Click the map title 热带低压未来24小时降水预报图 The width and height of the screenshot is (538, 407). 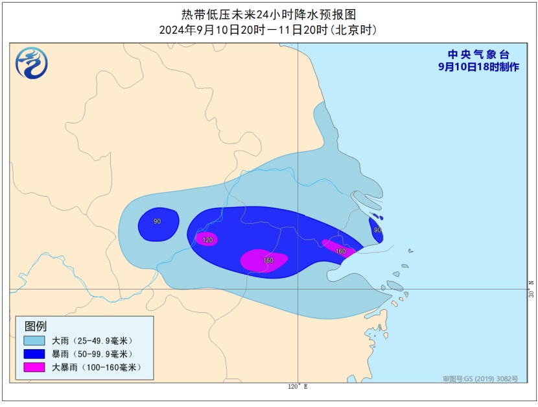pos(268,14)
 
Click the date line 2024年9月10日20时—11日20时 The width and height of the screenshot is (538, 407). pos(268,30)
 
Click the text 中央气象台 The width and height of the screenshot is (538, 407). pos(479,55)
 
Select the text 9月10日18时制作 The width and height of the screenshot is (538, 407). pos(478,67)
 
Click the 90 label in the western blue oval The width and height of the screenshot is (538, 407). pos(157,222)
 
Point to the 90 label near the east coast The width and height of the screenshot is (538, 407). pos(377,230)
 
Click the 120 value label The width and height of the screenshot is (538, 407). pos(207,240)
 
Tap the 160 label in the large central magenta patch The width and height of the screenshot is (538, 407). pos(268,260)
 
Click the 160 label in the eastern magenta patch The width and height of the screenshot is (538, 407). pos(340,251)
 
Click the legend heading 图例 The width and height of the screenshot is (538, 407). pos(36,327)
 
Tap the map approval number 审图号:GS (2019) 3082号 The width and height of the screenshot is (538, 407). pos(480,378)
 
